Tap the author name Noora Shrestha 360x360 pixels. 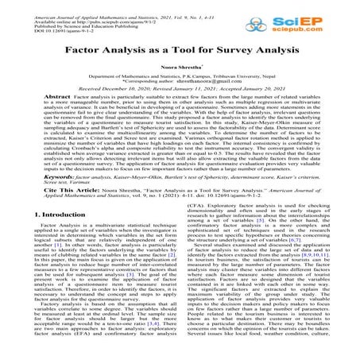point(180,69)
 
